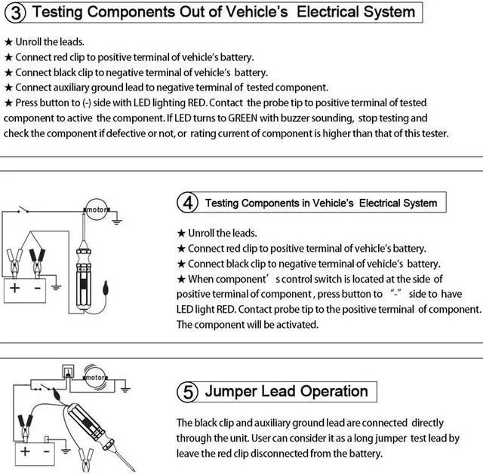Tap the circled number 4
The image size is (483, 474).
tap(186, 203)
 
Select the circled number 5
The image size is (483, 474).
tap(186, 392)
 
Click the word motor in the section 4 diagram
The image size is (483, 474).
tap(97, 209)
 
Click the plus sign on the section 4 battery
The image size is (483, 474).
tap(16, 287)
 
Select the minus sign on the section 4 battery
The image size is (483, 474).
tap(37, 287)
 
